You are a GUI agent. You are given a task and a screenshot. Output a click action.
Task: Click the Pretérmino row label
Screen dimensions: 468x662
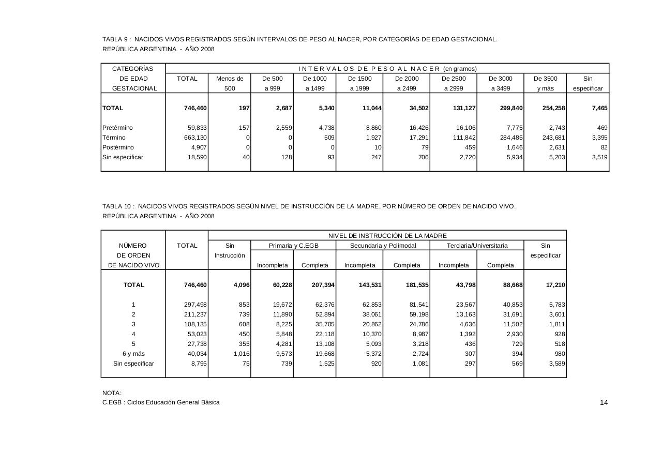pos(117,128)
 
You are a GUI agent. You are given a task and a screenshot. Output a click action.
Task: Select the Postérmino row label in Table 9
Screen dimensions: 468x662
pos(118,147)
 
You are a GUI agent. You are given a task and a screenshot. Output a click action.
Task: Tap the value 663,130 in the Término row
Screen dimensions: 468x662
pos(197,138)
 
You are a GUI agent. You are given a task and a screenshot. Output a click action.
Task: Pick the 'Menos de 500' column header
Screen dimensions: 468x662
pos(230,83)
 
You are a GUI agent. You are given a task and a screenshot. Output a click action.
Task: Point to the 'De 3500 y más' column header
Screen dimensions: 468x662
pos(545,83)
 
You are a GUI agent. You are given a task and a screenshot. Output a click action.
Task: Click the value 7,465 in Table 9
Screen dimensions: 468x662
pos(597,108)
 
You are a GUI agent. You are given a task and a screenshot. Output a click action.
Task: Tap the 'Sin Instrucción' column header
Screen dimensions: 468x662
pos(230,251)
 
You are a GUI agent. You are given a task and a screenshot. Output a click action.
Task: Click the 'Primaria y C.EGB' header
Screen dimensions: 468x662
pos(293,246)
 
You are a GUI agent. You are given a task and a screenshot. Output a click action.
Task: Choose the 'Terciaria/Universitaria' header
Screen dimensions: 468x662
pos(477,246)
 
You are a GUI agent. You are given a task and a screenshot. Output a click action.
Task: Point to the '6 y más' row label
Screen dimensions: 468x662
pos(133,354)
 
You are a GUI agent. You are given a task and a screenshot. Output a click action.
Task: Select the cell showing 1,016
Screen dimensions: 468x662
pos(238,354)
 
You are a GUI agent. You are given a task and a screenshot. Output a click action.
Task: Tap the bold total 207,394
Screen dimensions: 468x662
pos(321,285)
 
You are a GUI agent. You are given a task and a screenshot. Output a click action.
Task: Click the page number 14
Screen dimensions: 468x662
pos(604,403)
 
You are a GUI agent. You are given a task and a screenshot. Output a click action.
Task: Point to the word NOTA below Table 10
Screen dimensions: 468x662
pos(112,393)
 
